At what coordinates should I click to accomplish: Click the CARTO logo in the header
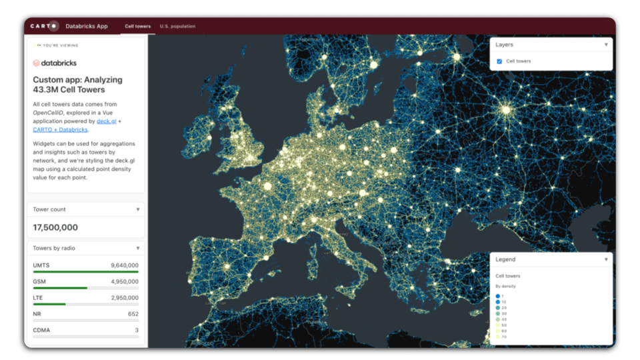[45, 26]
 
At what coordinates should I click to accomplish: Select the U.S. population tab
[177, 27]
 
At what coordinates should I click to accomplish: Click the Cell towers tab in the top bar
[138, 27]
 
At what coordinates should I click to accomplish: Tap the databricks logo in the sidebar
[55, 63]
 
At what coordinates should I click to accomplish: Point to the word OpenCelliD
[53, 113]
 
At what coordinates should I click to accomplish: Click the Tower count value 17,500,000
[55, 227]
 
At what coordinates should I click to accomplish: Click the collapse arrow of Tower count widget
[138, 209]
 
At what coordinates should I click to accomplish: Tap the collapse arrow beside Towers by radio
[138, 248]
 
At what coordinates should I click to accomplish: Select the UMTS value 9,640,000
[125, 265]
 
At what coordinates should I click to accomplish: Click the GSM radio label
[40, 282]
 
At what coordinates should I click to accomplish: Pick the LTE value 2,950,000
[125, 298]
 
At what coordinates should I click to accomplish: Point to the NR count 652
[133, 314]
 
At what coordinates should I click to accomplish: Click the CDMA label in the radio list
[42, 330]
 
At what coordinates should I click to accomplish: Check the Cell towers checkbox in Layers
[499, 61]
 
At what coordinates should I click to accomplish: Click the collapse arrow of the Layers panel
[606, 45]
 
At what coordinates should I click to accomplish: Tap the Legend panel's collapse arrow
[606, 259]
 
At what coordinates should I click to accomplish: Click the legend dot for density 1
[497, 296]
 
